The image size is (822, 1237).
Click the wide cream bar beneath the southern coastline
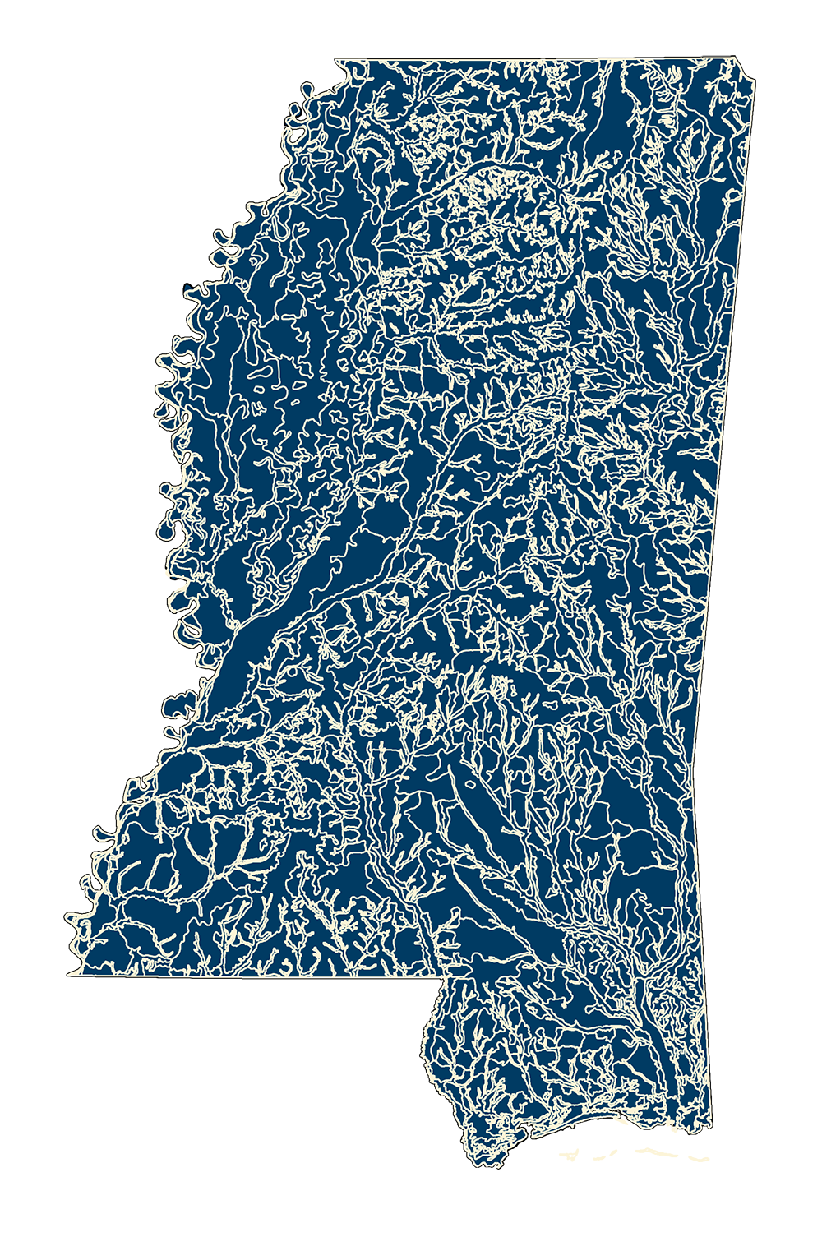649,1157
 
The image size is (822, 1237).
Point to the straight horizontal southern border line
247,976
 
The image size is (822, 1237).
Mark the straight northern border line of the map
534,58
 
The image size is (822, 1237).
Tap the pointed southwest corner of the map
69,974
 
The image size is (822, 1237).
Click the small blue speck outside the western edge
189,288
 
